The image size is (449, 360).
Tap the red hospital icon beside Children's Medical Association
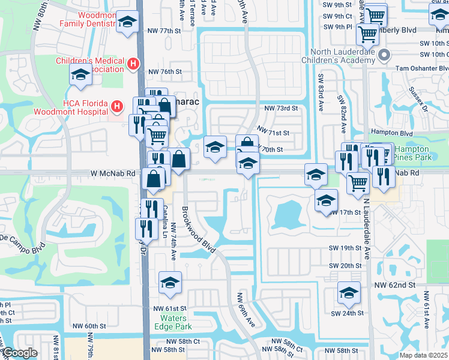[134, 63]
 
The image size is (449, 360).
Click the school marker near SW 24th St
[348, 292]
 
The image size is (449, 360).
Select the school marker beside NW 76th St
[80, 76]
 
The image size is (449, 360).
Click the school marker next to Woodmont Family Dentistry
[126, 23]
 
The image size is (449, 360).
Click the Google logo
[20, 353]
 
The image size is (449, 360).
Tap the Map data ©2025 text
[424, 355]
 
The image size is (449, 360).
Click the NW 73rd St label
[281, 109]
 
